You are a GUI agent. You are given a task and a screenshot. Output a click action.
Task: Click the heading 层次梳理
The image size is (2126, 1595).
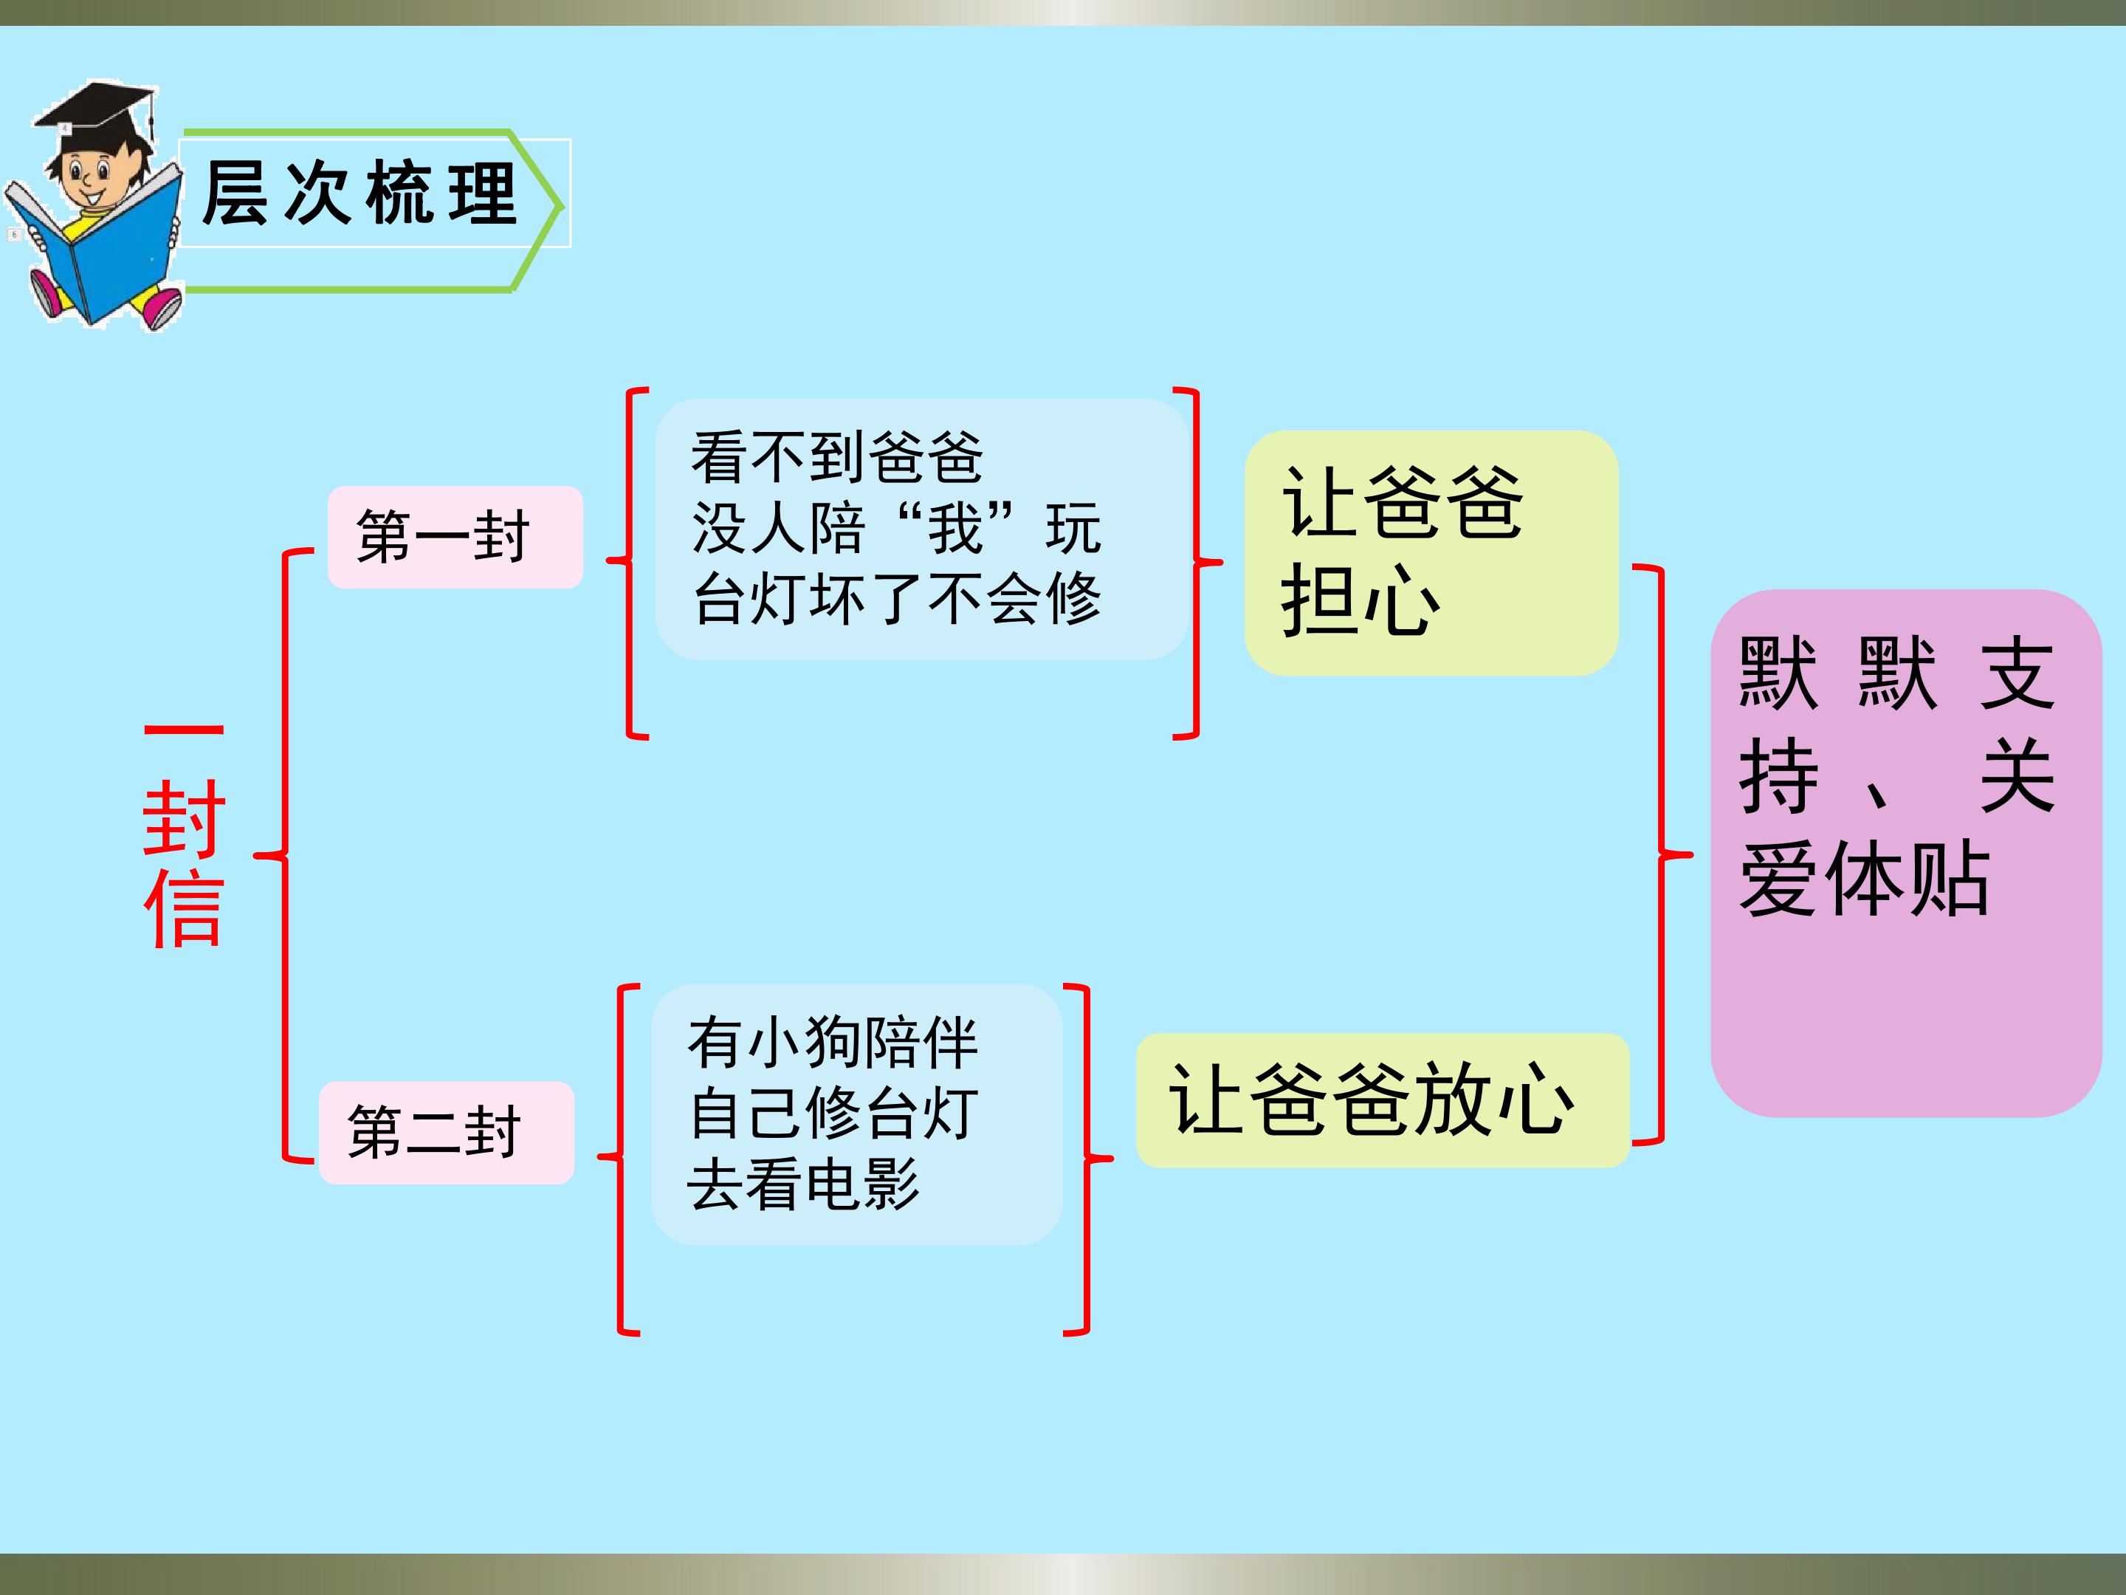click(x=360, y=193)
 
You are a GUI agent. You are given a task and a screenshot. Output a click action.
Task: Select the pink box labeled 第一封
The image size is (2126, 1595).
click(x=455, y=537)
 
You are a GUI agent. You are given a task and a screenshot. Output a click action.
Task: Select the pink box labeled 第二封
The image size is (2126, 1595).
click(x=446, y=1131)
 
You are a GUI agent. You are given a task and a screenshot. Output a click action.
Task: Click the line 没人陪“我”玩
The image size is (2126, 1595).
click(x=895, y=528)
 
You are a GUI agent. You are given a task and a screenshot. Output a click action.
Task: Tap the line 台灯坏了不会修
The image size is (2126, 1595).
click(x=895, y=598)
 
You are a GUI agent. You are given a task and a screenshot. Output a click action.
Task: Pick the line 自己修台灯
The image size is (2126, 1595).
click(x=833, y=1114)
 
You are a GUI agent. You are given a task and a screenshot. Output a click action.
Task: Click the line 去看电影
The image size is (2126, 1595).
click(x=803, y=1184)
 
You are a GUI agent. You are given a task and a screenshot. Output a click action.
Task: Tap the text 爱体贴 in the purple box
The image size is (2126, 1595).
click(x=1864, y=878)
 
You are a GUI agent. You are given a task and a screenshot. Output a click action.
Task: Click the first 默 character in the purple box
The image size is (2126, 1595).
click(x=1778, y=673)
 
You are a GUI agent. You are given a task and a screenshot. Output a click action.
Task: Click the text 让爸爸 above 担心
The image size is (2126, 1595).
click(x=1403, y=502)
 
